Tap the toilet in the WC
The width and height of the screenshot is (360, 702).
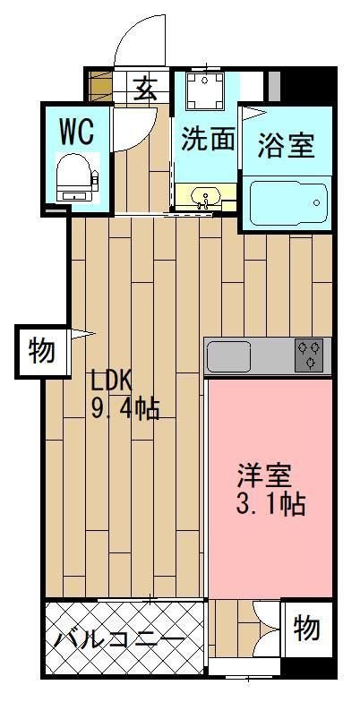[74, 177]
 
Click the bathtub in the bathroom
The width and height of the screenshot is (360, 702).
[286, 203]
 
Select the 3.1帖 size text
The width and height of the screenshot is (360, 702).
[270, 504]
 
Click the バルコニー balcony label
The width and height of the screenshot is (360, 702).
[118, 639]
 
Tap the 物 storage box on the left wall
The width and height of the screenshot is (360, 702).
[40, 350]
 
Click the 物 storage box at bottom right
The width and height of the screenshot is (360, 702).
[306, 629]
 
